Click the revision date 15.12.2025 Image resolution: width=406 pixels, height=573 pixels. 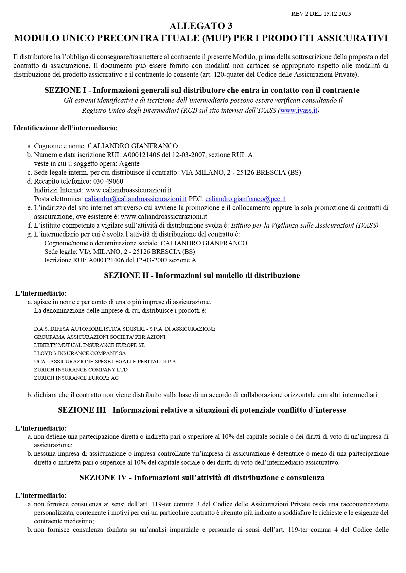tap(337, 14)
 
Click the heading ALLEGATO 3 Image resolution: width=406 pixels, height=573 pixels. tap(201, 26)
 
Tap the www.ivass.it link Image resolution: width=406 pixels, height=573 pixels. tap(299, 110)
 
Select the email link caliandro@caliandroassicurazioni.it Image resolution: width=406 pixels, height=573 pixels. tap(135, 199)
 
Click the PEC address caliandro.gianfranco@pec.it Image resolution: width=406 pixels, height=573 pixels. tap(245, 199)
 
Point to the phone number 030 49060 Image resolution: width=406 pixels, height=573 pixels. tap(108, 181)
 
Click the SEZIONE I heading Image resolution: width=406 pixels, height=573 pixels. tap(202, 90)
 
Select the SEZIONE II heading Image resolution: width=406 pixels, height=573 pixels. tap(202, 275)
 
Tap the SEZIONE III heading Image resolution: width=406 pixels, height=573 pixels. tap(202, 410)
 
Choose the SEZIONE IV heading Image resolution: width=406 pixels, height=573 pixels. tap(202, 478)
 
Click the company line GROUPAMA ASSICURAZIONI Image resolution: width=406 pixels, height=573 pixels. tap(99, 337)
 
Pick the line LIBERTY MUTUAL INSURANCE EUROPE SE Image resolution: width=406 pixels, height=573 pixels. tap(89, 345)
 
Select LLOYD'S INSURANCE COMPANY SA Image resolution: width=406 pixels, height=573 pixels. tap(80, 353)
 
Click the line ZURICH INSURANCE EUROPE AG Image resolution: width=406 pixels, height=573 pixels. tap(76, 378)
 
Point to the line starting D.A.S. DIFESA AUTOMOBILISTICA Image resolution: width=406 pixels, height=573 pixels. tap(124, 329)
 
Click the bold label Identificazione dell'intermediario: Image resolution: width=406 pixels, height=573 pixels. tap(65, 128)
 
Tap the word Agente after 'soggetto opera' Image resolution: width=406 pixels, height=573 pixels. tap(129, 164)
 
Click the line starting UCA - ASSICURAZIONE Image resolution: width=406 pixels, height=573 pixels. tap(105, 361)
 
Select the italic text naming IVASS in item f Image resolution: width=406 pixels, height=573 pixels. tap(304, 225)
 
